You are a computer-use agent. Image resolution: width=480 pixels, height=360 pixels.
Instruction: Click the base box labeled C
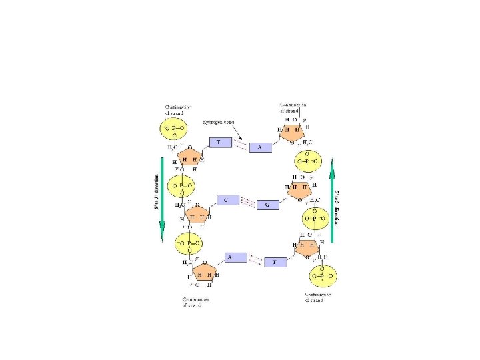point(227,200)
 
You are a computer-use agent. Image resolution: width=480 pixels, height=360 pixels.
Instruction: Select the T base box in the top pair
point(219,143)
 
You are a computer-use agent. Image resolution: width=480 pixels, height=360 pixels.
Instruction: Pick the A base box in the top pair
point(261,147)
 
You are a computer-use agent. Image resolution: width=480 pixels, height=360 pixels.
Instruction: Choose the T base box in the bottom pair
point(275,263)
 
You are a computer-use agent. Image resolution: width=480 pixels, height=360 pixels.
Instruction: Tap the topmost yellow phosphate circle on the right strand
point(308,160)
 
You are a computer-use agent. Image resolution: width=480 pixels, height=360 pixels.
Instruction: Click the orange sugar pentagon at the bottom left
point(204,273)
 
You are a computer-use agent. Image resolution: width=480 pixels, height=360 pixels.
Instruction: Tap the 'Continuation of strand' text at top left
point(178,109)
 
